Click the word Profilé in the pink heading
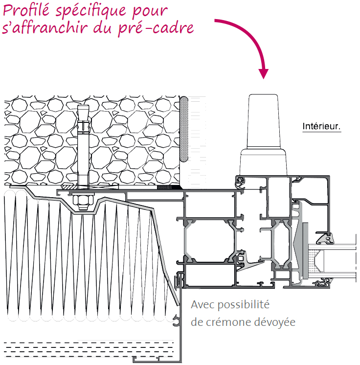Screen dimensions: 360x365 [26, 10]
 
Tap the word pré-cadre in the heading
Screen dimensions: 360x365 [156, 28]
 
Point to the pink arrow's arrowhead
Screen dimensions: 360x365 [264, 74]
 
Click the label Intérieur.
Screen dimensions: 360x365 [321, 126]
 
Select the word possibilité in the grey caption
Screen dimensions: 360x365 [244, 305]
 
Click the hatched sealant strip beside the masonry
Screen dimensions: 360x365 [184, 129]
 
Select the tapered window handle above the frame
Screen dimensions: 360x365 [263, 135]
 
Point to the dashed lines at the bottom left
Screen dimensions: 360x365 [89, 349]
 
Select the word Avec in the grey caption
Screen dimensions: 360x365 [202, 304]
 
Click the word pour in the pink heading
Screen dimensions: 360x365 [150, 12]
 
